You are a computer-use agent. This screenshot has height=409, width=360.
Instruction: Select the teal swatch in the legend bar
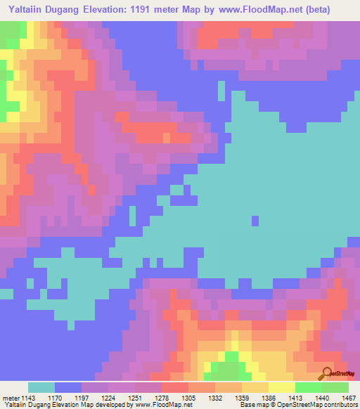click(x=41, y=387)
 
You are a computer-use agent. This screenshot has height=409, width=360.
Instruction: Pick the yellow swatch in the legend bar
click(x=282, y=387)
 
